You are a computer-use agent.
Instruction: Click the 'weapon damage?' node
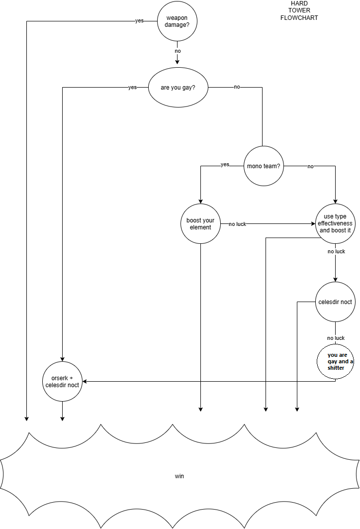point(178,21)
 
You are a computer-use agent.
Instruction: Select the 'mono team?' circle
point(264,166)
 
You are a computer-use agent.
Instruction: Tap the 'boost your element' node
point(200,223)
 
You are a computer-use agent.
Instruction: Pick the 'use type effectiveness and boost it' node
point(335,223)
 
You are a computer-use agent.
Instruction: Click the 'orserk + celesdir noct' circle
point(62,382)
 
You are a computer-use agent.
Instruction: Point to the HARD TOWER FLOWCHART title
point(299,10)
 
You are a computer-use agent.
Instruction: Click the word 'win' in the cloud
point(180,476)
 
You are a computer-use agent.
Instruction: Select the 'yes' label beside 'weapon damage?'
point(139,20)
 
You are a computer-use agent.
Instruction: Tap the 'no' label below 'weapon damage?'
point(178,51)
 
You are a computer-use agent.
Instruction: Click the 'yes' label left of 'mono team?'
point(225,165)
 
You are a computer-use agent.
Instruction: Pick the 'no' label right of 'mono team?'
point(310,166)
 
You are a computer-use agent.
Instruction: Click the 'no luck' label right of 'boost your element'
point(237,224)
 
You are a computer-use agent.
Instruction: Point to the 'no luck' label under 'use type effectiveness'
point(337,251)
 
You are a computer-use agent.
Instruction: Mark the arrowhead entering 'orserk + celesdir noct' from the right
point(85,382)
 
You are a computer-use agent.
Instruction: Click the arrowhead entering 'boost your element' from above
point(200,202)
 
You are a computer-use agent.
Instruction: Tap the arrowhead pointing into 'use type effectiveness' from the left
point(313,223)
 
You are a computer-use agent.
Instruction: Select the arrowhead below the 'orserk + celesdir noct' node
point(62,419)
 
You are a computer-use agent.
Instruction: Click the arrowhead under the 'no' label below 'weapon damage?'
point(178,62)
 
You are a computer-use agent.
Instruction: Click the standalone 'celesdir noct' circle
point(335,302)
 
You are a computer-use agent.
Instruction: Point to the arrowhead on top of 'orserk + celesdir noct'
point(62,359)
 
